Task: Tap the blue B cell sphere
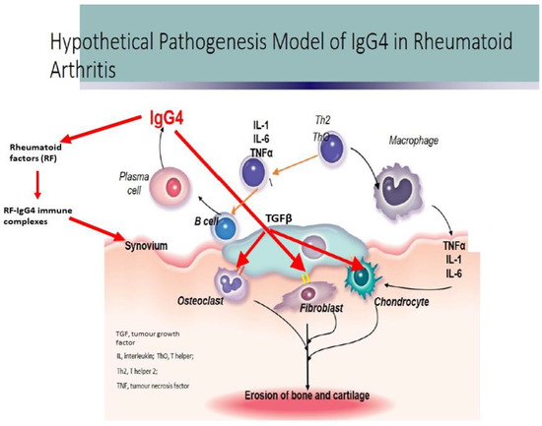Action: (x=228, y=228)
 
